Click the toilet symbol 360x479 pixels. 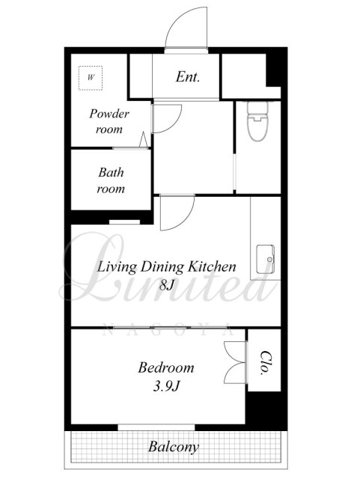[257, 121]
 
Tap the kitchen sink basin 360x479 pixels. [265, 259]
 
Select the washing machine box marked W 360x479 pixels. [91, 78]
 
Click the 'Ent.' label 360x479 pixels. [188, 76]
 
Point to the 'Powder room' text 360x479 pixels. [109, 121]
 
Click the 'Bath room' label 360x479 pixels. [111, 180]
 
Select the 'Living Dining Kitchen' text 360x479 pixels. [167, 266]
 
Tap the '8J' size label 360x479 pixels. [167, 285]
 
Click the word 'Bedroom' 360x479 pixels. [166, 367]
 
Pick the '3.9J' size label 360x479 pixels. [166, 387]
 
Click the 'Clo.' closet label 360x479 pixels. [265, 362]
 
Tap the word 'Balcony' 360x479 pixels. [174, 448]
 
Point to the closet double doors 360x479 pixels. [235, 362]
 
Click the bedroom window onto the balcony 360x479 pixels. [156, 427]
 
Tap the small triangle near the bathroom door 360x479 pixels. [144, 140]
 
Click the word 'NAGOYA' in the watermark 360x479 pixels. [168, 331]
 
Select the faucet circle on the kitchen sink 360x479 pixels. [269, 260]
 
